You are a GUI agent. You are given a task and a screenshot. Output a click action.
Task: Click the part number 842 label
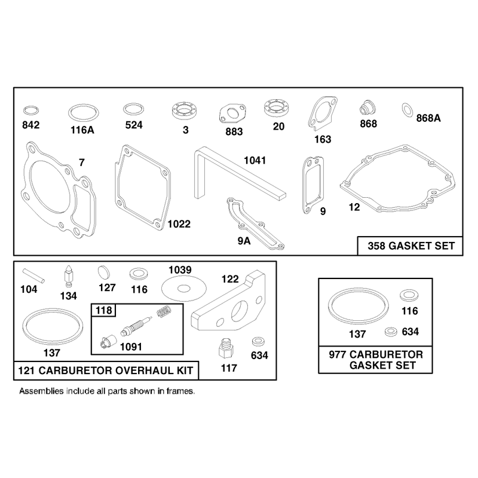click(x=31, y=125)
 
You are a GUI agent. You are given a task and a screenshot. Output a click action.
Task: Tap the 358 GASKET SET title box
click(x=410, y=246)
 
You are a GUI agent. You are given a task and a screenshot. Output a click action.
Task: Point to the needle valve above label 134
click(x=69, y=276)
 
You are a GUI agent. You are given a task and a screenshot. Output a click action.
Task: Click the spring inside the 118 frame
click(x=164, y=312)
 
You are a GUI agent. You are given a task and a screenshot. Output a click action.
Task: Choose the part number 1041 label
click(x=255, y=160)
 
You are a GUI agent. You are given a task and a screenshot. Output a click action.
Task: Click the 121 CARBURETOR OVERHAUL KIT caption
click(x=106, y=370)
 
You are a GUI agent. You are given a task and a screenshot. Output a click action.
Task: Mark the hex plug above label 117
click(x=226, y=348)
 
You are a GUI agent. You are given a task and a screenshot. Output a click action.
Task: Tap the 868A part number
click(x=428, y=118)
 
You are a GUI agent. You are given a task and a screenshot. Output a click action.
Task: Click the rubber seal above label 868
click(x=367, y=108)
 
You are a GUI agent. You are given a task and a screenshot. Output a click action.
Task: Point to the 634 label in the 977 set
click(x=410, y=332)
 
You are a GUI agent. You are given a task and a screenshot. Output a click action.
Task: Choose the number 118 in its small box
click(x=103, y=310)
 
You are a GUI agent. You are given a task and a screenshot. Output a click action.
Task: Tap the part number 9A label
click(x=244, y=241)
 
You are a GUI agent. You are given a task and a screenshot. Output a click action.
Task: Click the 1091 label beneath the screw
click(x=131, y=347)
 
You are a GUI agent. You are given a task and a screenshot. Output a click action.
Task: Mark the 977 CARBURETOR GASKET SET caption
click(x=376, y=360)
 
